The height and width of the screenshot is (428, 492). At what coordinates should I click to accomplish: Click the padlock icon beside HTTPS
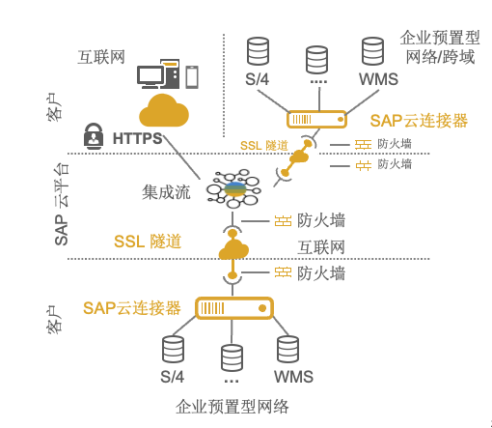click(94, 136)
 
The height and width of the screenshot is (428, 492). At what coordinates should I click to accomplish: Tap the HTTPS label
click(138, 138)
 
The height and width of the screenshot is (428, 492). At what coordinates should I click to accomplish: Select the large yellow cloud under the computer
click(164, 110)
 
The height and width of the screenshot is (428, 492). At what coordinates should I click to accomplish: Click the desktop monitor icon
click(150, 76)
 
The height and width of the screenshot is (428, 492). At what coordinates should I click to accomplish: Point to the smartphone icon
click(192, 76)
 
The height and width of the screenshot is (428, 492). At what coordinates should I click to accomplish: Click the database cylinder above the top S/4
click(258, 51)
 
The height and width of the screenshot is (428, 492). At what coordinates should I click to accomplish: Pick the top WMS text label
click(378, 79)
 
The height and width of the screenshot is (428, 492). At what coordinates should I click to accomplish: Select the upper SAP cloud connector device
click(316, 120)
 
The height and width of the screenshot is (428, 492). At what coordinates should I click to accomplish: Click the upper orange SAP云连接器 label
click(419, 121)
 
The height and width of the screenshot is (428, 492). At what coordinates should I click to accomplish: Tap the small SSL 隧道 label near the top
click(264, 146)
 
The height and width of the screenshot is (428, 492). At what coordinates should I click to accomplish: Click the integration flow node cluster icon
click(233, 189)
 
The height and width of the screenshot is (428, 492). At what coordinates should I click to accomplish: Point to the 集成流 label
click(166, 192)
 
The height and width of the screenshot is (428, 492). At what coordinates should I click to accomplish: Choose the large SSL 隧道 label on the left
click(148, 242)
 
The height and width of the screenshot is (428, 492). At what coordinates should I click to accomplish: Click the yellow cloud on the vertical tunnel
click(233, 249)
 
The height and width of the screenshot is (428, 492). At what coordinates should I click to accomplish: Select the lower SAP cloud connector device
click(234, 308)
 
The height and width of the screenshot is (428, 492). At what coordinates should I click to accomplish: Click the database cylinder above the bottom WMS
click(287, 350)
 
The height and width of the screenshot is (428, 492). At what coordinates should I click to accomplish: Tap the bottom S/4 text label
click(172, 377)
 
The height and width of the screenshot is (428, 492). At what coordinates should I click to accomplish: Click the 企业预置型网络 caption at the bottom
click(232, 407)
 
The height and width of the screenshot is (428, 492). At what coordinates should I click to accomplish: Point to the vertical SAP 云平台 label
click(62, 204)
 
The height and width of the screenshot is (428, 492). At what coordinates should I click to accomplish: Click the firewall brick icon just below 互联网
click(283, 272)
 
